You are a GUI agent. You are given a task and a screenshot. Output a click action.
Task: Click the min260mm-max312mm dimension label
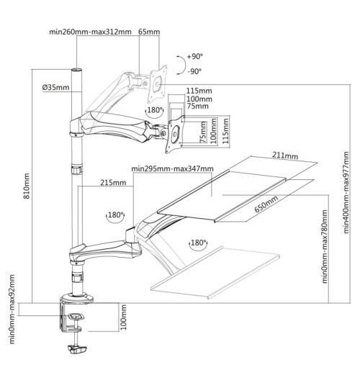click(90, 32)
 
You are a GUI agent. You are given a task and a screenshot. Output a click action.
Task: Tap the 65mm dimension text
click(148, 32)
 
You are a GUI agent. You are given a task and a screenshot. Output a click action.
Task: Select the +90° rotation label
click(194, 57)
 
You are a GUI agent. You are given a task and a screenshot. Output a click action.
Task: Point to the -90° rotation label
click(194, 71)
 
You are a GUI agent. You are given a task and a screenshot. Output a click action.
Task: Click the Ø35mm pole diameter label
click(55, 88)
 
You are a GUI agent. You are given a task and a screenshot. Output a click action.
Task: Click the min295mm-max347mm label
click(173, 169)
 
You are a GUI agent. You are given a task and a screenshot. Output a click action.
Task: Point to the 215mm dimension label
click(114, 183)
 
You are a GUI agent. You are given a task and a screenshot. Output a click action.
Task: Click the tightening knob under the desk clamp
click(76, 350)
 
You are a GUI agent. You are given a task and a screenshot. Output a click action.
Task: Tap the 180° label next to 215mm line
click(115, 215)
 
